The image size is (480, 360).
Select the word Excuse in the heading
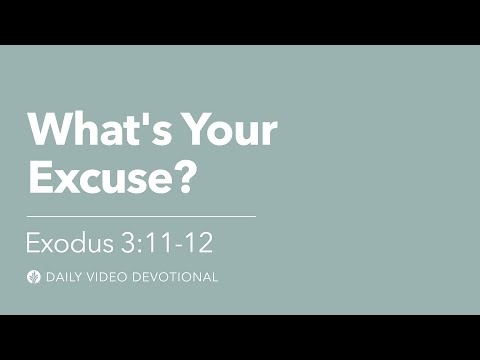(95, 176)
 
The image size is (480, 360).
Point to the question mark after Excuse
(177, 176)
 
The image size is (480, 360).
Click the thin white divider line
(140, 215)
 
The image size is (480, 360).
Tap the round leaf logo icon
(33, 277)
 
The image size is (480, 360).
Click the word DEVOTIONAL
(176, 277)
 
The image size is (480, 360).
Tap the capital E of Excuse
(39, 176)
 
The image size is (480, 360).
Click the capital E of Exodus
(33, 243)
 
